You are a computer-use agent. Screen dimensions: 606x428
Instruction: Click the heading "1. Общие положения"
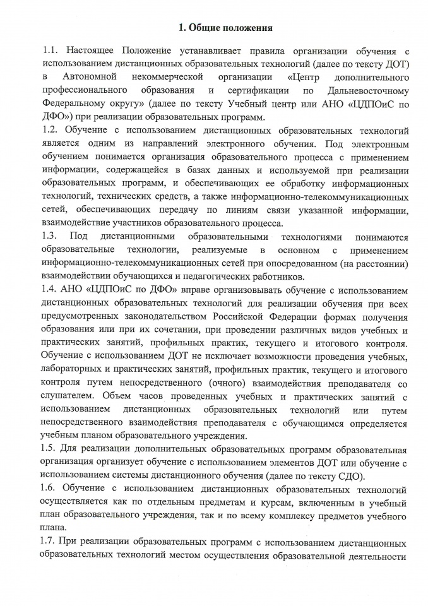[x=225, y=28]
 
